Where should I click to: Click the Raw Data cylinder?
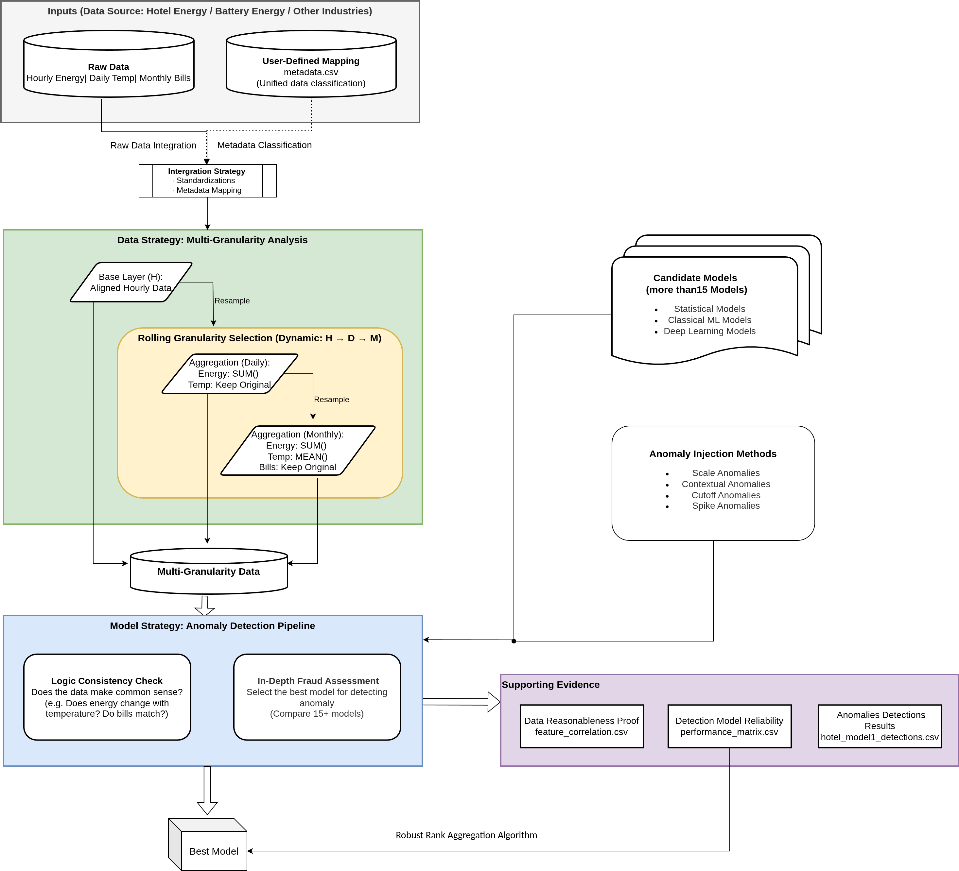(x=109, y=71)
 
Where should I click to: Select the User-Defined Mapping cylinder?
(x=311, y=71)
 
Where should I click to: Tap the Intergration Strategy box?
(x=207, y=181)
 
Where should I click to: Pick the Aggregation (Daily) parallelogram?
(x=230, y=373)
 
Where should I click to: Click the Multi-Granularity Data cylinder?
(x=209, y=572)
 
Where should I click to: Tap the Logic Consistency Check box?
(x=107, y=697)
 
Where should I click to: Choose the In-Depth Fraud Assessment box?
(x=317, y=697)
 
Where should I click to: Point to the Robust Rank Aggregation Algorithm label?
(x=466, y=835)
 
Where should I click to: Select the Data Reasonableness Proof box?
(x=581, y=726)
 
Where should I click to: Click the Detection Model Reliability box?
(x=729, y=726)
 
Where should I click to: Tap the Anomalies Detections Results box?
(x=880, y=726)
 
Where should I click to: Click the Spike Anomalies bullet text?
(x=725, y=506)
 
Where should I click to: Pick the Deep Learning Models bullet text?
(x=709, y=331)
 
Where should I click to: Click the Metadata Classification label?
(x=265, y=145)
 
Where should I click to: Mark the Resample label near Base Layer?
(x=232, y=300)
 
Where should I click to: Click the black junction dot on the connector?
(x=514, y=641)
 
